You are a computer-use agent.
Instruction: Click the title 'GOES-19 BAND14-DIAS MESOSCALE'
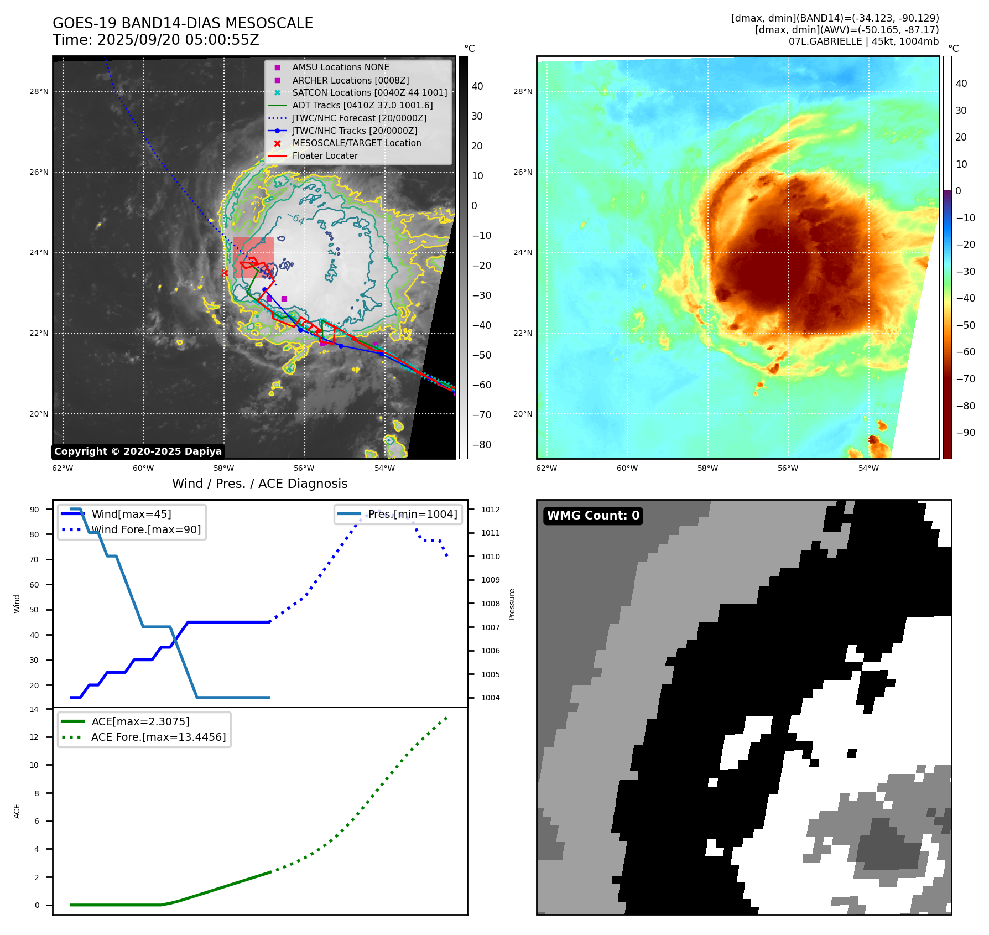pos(183,23)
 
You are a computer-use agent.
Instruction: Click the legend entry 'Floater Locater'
pos(325,156)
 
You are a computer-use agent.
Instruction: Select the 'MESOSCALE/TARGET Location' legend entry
pos(356,143)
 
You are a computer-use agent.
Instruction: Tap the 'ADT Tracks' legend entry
pos(362,105)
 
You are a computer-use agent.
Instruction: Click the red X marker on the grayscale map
pos(225,273)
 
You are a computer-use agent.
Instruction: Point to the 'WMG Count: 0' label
pos(593,516)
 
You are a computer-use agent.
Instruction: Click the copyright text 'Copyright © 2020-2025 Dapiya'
pos(138,451)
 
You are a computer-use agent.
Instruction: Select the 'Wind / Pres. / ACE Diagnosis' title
pos(260,484)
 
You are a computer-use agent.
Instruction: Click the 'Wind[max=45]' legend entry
pos(131,514)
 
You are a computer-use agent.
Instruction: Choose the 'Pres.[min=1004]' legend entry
pos(413,514)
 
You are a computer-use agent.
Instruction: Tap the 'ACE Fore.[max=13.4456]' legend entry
pos(158,737)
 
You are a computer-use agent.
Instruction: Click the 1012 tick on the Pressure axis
pos(490,510)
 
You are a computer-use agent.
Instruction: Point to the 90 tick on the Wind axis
pos(35,510)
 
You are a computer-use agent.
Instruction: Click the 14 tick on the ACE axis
pos(34,709)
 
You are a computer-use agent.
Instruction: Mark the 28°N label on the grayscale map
pos(39,92)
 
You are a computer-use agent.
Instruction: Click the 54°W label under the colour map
pos(868,469)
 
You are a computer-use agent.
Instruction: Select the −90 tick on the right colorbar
pos(966,433)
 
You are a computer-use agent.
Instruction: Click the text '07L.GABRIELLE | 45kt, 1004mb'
pos(863,41)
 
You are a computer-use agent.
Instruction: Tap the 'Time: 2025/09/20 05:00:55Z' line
pos(156,40)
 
